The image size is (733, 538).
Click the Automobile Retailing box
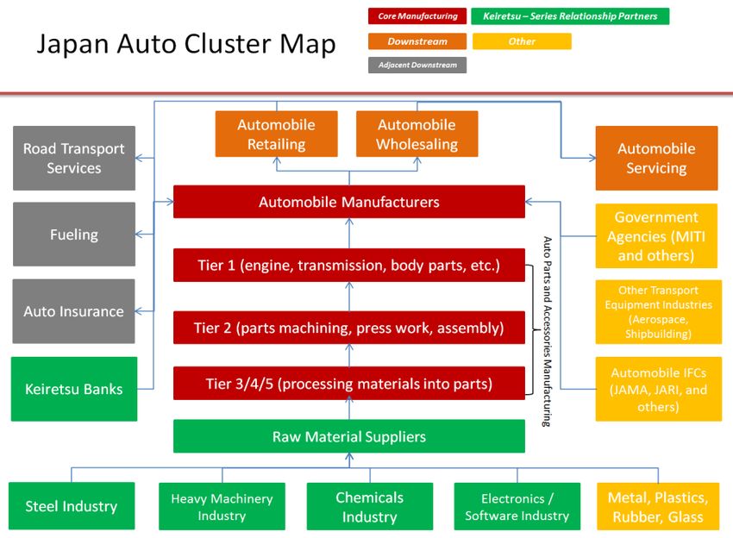click(x=276, y=134)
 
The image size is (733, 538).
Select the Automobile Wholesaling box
click(x=417, y=134)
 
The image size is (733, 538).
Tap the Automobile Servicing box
click(x=656, y=158)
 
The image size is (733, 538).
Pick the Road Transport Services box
click(x=74, y=158)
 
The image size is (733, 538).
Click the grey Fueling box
click(x=74, y=235)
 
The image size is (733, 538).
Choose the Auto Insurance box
click(x=74, y=311)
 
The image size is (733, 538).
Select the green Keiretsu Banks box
click(x=74, y=389)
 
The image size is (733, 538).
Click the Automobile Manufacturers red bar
click(x=349, y=202)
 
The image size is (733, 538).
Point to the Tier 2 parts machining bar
click(x=349, y=327)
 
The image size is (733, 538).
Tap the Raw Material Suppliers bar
click(x=349, y=436)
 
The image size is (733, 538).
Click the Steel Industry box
click(x=72, y=506)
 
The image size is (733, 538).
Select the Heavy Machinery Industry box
click(x=222, y=506)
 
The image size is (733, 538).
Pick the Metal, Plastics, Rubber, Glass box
click(x=658, y=506)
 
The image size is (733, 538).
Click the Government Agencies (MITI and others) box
click(x=656, y=235)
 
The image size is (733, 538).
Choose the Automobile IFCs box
click(x=659, y=389)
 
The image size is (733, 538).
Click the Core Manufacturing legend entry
click(x=417, y=16)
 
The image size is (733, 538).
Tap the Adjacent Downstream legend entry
click(x=417, y=65)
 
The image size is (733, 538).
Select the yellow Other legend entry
click(x=522, y=41)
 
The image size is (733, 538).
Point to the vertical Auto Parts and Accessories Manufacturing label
click(x=547, y=331)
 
